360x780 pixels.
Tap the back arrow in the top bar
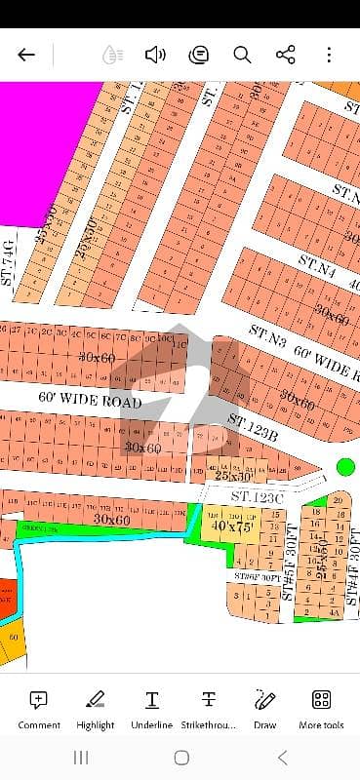26,55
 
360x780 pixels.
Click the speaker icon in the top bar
154,55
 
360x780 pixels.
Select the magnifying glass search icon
242,55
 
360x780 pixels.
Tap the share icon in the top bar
286,55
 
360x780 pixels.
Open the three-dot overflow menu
330,55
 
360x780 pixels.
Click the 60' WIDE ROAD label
90,401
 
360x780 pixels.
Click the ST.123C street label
256,496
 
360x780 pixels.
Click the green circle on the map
345,467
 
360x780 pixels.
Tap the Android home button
181,758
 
